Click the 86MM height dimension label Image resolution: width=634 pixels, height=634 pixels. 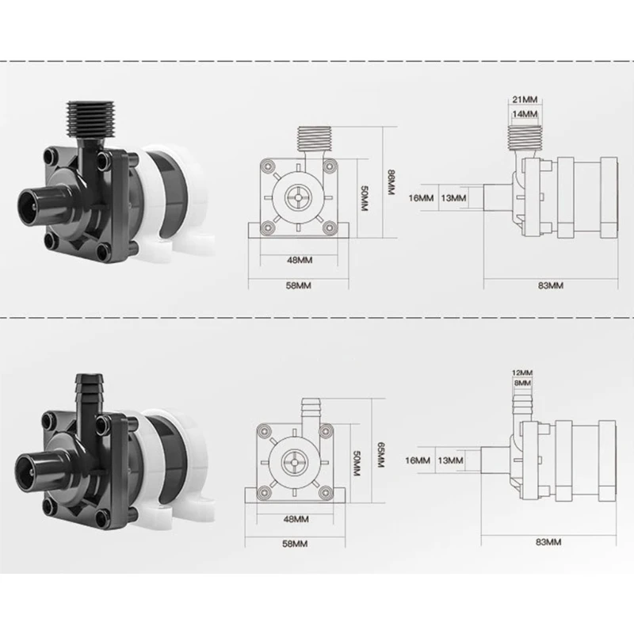coord(389,186)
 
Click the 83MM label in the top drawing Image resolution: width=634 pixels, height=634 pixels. coord(550,285)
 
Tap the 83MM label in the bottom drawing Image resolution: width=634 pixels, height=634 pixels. coord(549,542)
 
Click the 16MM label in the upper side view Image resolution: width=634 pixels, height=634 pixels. coord(423,198)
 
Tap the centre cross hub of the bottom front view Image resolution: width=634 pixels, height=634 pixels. coord(291,459)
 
